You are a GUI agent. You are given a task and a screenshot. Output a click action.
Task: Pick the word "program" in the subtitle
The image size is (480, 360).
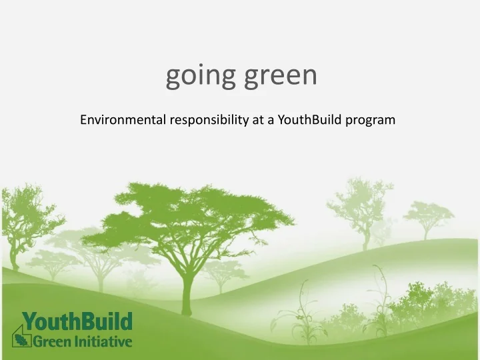coord(371,120)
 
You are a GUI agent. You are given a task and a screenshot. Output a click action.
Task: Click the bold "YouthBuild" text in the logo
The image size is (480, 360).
coord(77,323)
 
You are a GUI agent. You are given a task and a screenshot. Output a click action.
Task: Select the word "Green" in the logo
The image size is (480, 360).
coord(52,342)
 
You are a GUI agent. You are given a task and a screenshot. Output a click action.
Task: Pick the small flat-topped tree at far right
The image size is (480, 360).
coord(427,215)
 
